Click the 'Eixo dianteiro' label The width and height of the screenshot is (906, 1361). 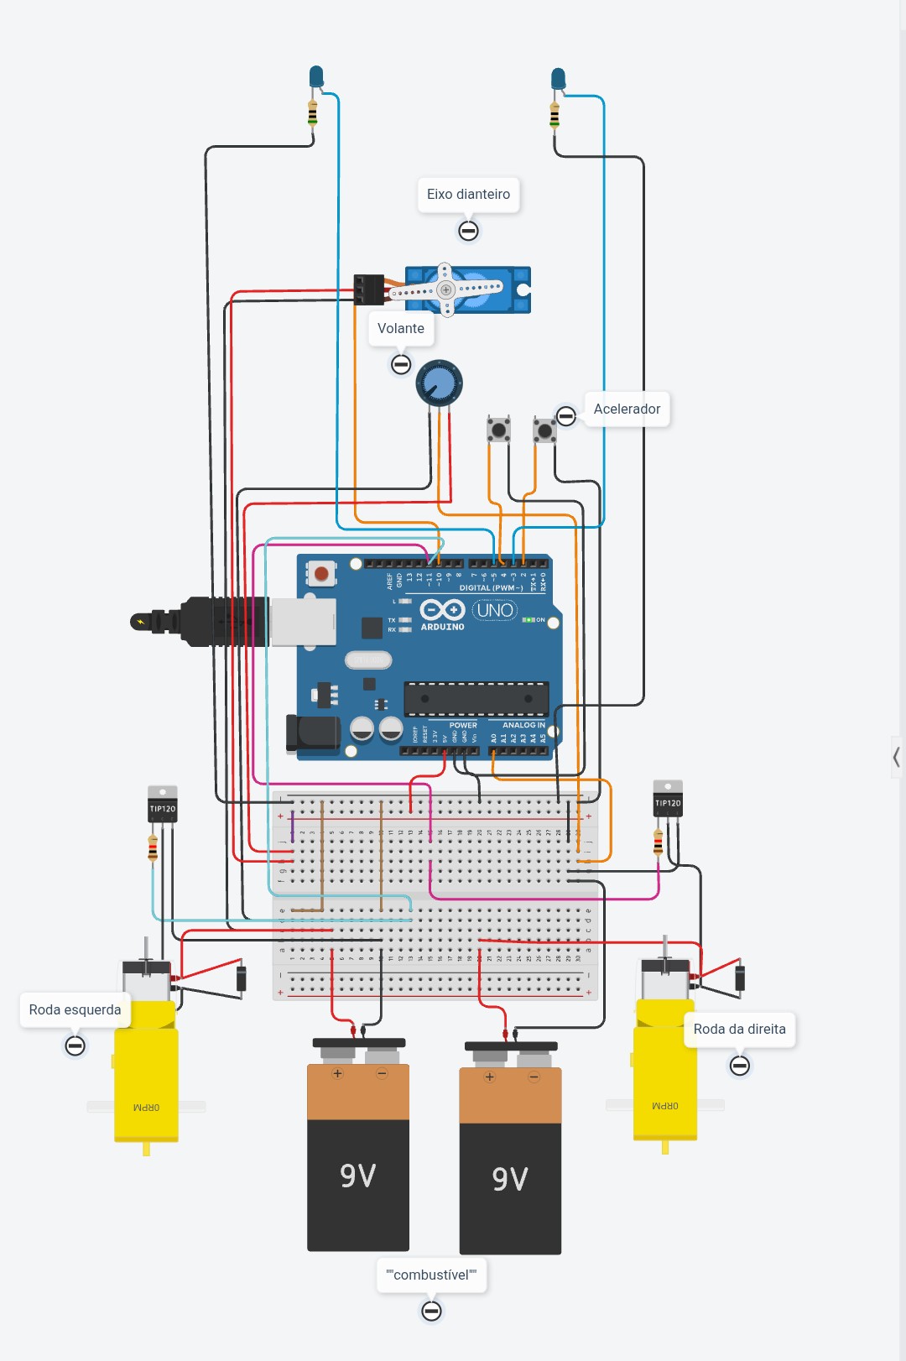468,195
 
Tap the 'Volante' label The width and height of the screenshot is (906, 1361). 401,329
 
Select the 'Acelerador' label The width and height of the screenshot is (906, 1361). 627,409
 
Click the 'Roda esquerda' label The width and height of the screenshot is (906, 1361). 75,1010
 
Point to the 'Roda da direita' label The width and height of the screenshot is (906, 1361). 739,1030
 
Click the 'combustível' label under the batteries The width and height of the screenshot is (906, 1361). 431,1275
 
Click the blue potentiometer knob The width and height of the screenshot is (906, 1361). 439,383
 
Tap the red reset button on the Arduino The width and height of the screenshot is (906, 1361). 320,574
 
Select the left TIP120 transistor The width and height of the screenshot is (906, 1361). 163,805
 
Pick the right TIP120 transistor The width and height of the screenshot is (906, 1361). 668,799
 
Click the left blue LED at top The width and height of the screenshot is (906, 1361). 316,77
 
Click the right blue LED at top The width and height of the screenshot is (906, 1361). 558,80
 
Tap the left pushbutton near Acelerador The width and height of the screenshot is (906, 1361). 499,430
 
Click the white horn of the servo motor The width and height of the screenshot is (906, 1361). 446,289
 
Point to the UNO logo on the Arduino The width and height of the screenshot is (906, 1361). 495,610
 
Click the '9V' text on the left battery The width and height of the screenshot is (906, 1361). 358,1176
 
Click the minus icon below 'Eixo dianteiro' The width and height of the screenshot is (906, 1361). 468,231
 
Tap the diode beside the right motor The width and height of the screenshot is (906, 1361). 740,978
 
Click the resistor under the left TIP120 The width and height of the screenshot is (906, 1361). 153,847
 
